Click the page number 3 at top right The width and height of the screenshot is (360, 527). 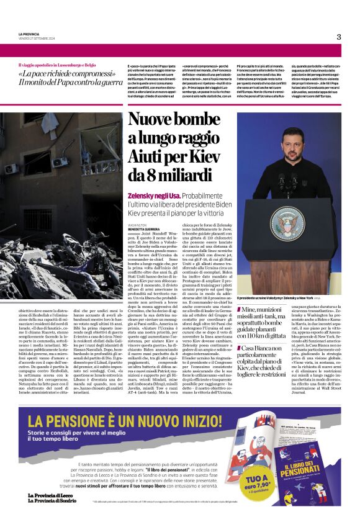click(338, 37)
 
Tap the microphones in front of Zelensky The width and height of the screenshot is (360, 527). click(287, 180)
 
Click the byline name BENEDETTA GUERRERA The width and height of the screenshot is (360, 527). click(145, 229)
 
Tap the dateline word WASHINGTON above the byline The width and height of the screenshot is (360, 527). click(138, 225)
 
